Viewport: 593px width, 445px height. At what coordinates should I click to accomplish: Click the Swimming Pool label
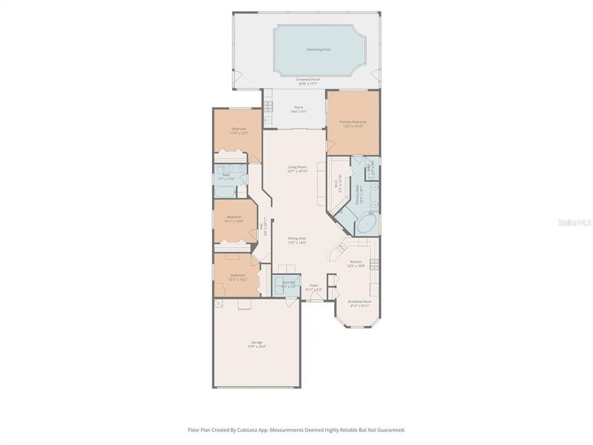318,49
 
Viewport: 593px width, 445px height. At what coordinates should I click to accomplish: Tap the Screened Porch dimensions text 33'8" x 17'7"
308,84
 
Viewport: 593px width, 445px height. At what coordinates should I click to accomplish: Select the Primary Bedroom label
353,122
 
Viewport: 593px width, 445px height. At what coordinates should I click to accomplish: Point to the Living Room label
297,167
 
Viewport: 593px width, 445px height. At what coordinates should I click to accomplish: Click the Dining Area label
297,238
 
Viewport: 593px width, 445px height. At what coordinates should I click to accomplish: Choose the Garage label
256,342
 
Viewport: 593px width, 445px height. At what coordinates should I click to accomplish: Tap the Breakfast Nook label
359,301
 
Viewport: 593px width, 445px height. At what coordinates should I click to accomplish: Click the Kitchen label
356,261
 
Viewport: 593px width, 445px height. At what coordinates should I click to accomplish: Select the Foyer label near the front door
314,285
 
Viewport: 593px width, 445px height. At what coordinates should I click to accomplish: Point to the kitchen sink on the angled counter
342,247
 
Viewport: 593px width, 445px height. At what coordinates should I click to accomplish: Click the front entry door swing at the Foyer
316,296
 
